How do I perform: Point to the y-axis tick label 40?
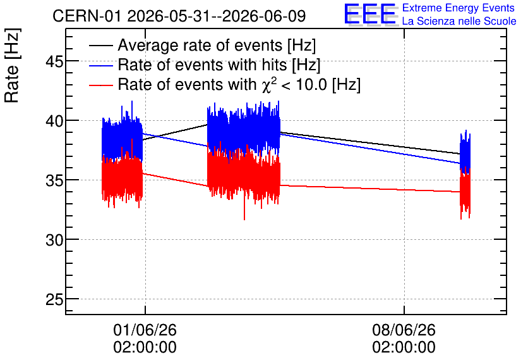pyautogui.click(x=54, y=121)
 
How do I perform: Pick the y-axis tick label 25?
pyautogui.click(x=54, y=299)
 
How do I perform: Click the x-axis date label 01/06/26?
pyautogui.click(x=145, y=330)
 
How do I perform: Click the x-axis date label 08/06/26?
pyautogui.click(x=404, y=330)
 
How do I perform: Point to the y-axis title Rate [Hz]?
pyautogui.click(x=13, y=65)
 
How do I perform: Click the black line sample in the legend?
pyautogui.click(x=100, y=46)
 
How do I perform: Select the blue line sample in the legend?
pyautogui.click(x=100, y=65)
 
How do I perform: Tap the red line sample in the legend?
pyautogui.click(x=100, y=85)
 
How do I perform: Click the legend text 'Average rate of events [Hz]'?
pyautogui.click(x=217, y=46)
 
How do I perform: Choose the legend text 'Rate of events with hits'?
pyautogui.click(x=202, y=65)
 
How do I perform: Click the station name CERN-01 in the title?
pyautogui.click(x=87, y=16)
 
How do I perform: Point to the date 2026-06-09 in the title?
pyautogui.click(x=264, y=16)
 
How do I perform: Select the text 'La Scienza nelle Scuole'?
pyautogui.click(x=459, y=22)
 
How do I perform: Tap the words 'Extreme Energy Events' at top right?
pyautogui.click(x=459, y=8)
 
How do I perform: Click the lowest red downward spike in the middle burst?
pyautogui.click(x=244, y=218)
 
